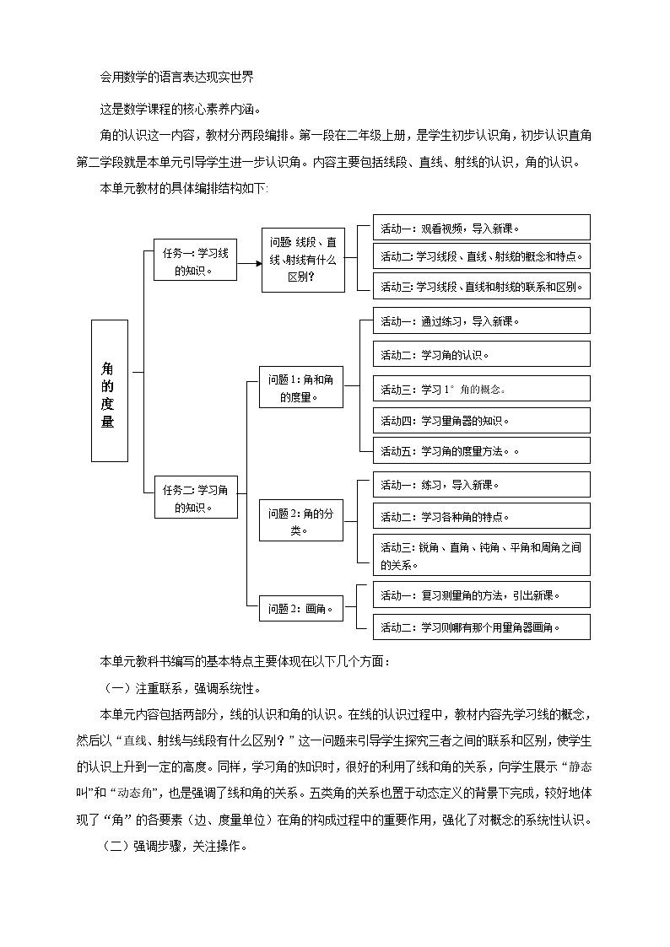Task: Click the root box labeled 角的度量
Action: point(109,391)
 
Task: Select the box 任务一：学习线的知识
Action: point(196,260)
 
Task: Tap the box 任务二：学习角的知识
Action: point(196,498)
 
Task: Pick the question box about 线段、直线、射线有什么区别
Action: point(302,260)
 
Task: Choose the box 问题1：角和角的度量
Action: point(301,387)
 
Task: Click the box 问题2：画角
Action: point(301,608)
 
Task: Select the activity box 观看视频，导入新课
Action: point(481,228)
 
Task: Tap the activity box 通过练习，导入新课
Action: point(481,321)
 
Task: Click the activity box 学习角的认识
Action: point(481,355)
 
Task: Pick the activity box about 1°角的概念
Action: point(481,389)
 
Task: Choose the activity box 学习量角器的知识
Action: point(481,421)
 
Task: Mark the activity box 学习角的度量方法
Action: point(481,451)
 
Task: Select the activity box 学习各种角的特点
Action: point(481,516)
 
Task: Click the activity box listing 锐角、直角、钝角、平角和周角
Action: point(481,555)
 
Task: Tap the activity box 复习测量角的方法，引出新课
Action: point(481,595)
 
